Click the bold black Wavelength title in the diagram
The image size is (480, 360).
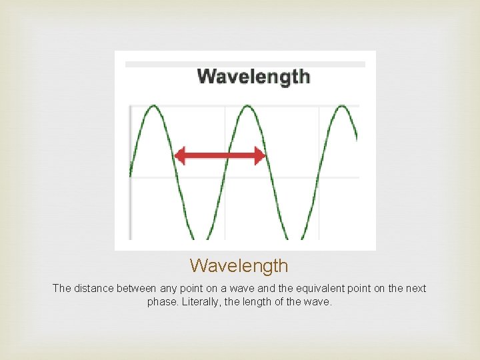click(x=253, y=76)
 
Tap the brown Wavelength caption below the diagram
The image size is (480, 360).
click(x=239, y=265)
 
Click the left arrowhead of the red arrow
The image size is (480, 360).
click(x=179, y=157)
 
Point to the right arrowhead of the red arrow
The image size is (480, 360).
click(x=261, y=157)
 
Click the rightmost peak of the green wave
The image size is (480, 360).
click(x=343, y=106)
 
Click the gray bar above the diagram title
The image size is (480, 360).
click(x=245, y=65)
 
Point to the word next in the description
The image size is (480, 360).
click(x=415, y=289)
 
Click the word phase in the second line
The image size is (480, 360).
click(x=162, y=302)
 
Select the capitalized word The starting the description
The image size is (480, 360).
click(x=61, y=289)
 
